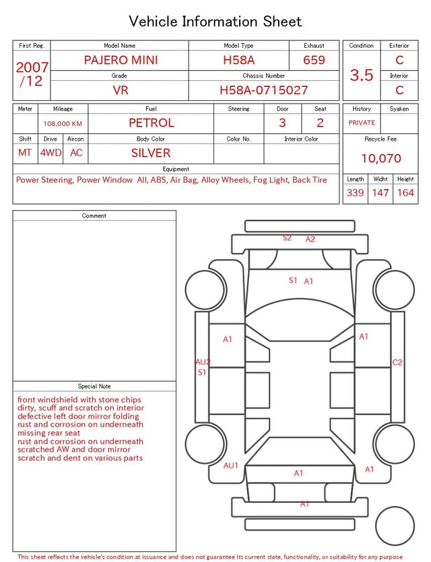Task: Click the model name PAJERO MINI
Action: [x=121, y=60]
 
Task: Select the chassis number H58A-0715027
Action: [x=263, y=90]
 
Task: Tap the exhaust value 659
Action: [x=314, y=60]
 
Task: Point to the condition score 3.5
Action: [x=362, y=75]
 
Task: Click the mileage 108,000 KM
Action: [x=63, y=124]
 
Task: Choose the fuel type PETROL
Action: [x=152, y=123]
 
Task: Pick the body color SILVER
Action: [x=151, y=153]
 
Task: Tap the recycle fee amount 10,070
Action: [x=380, y=158]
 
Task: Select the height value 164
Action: [x=405, y=192]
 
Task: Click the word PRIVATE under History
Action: [x=362, y=123]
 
